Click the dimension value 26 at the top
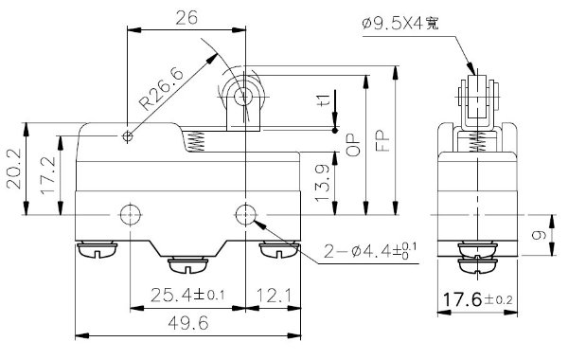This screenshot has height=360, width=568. [x=186, y=16]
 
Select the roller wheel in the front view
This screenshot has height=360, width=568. [x=242, y=96]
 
